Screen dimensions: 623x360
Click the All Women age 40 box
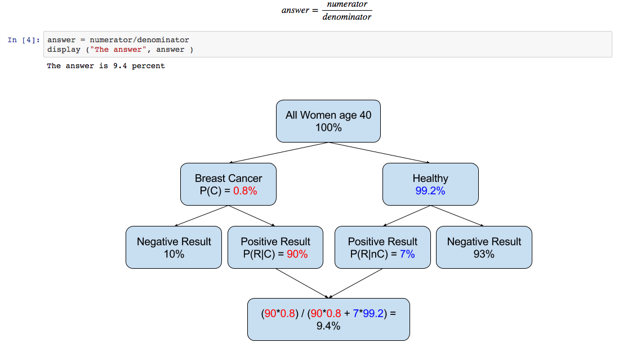click(x=328, y=121)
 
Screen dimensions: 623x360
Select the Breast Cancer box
click(x=228, y=184)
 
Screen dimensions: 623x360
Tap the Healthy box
click(x=430, y=184)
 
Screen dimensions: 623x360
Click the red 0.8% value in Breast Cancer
click(x=245, y=191)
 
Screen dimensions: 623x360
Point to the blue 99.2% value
click(x=430, y=191)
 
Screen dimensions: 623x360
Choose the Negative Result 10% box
click(x=173, y=247)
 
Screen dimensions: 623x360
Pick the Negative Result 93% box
click(x=484, y=247)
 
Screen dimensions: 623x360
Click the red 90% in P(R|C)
click(x=297, y=254)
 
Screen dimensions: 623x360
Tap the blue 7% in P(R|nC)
click(x=407, y=254)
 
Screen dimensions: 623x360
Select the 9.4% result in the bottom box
click(x=328, y=326)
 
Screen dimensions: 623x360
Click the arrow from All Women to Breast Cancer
click(x=278, y=153)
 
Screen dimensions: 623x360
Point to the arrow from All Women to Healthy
click(x=380, y=153)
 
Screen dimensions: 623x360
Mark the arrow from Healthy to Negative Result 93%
click(x=457, y=216)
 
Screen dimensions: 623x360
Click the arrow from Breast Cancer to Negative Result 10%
click(x=201, y=216)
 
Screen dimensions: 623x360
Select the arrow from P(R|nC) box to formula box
click(x=355, y=283)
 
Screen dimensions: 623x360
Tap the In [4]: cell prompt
click(x=24, y=40)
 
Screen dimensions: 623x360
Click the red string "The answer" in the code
click(x=115, y=50)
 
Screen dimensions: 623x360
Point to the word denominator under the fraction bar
click(x=347, y=17)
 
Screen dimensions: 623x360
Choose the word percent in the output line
click(x=148, y=66)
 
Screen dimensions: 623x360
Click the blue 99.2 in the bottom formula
click(x=373, y=313)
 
